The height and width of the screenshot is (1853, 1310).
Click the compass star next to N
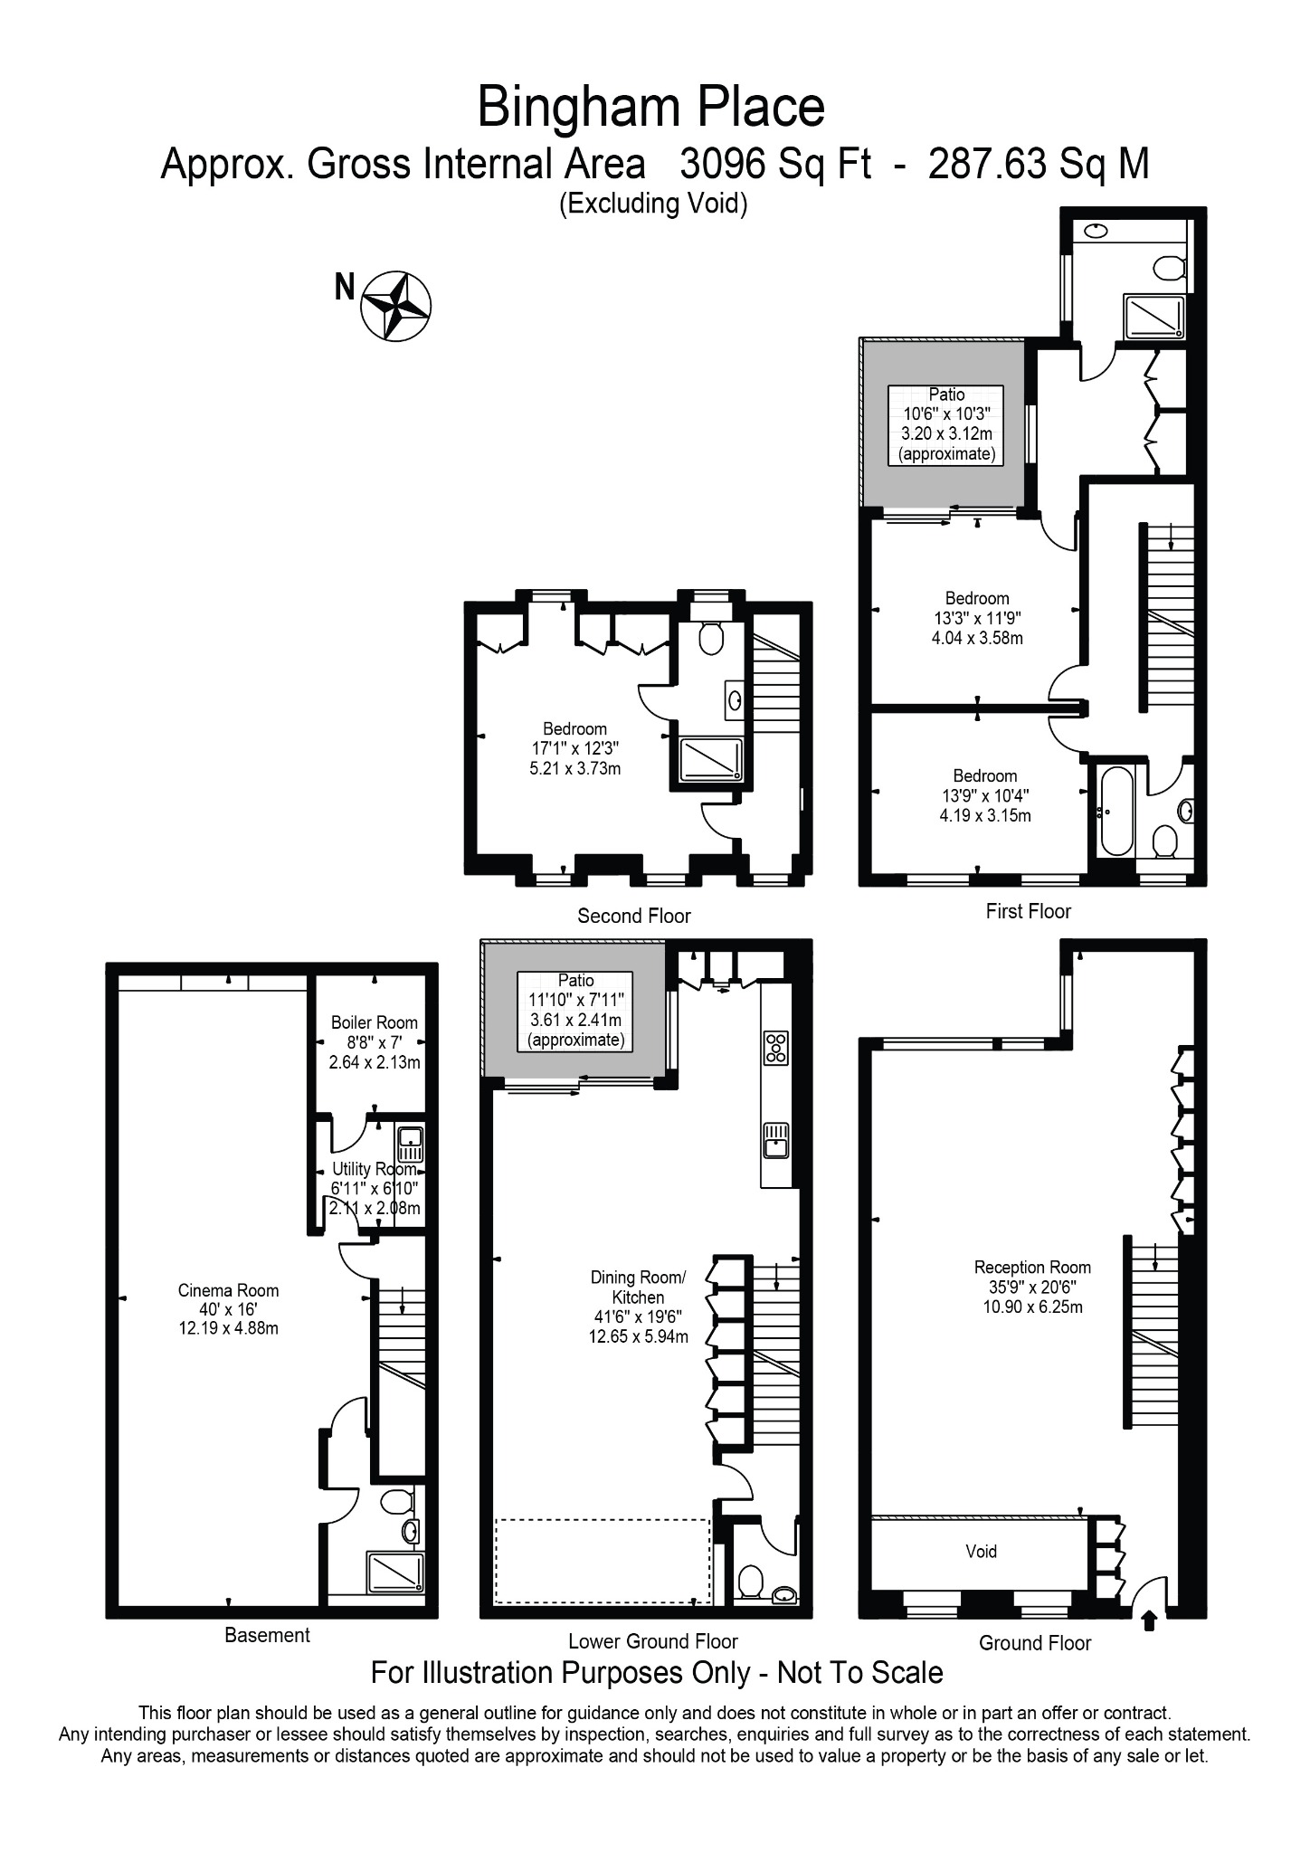coord(396,306)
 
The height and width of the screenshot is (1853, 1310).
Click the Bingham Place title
coord(650,107)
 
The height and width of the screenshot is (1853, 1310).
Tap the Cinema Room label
coord(228,1290)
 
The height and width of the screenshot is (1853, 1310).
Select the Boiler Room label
coord(375,1022)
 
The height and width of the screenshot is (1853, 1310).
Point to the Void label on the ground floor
coord(981,1552)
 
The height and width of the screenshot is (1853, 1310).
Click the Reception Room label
coord(1032,1268)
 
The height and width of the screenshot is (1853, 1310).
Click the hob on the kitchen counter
coord(776,1047)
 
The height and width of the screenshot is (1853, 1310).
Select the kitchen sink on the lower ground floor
coord(776,1139)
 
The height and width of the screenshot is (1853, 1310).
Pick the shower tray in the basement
coord(394,1572)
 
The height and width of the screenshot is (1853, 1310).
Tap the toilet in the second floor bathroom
coord(711,638)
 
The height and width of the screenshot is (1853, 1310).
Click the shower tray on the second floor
coord(711,759)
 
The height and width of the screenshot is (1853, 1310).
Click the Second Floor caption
coord(634,916)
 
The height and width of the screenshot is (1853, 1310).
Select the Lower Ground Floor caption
coord(653,1641)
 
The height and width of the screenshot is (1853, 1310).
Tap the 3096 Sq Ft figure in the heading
coord(775,165)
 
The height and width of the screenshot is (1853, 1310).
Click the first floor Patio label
coord(946,394)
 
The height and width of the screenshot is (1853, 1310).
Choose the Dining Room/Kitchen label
coord(639,1287)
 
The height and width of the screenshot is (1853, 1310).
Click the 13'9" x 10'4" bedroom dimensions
coord(985,795)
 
